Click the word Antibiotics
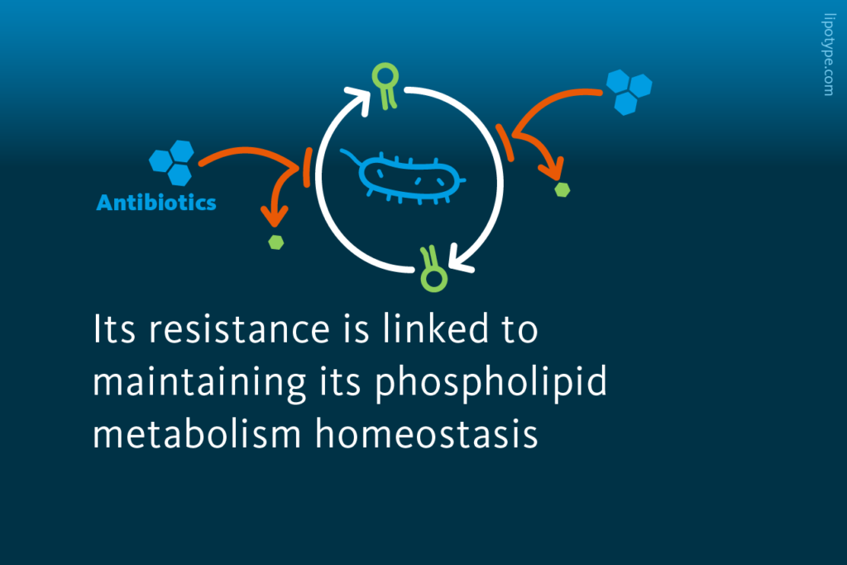[x=156, y=202]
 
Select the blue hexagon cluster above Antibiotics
[x=172, y=162]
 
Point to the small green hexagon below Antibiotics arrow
[x=276, y=242]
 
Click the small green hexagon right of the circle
[x=562, y=189]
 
